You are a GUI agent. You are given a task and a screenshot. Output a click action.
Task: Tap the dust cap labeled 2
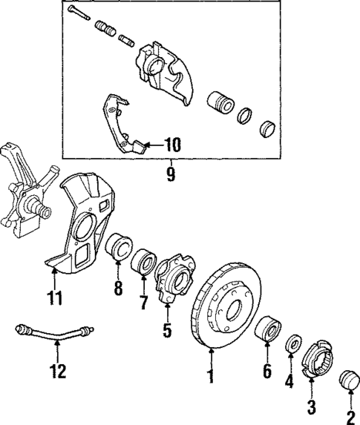[x=347, y=383]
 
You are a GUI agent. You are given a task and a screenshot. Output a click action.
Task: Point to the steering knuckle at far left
[x=22, y=189]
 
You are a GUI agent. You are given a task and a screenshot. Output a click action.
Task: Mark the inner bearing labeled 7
[x=143, y=263]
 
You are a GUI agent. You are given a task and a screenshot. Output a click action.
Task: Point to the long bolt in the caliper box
[x=77, y=13]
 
